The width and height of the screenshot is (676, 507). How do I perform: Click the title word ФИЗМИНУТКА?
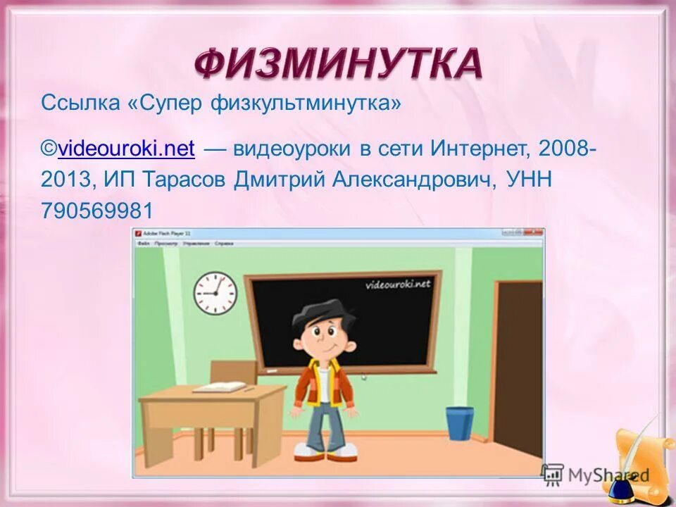[x=339, y=64]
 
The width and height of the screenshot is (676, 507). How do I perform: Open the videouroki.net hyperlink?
[x=127, y=149]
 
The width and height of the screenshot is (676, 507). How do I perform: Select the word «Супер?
[x=164, y=104]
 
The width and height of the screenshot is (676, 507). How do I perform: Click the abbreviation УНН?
[x=527, y=180]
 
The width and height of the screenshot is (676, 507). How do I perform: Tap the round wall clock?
[x=215, y=293]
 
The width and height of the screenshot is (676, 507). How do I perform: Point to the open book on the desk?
[x=219, y=387]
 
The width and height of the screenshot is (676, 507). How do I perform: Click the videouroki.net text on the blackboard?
[x=397, y=284]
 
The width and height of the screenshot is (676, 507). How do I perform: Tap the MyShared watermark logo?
[x=595, y=474]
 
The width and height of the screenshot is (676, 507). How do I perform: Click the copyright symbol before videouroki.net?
[x=49, y=149]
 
